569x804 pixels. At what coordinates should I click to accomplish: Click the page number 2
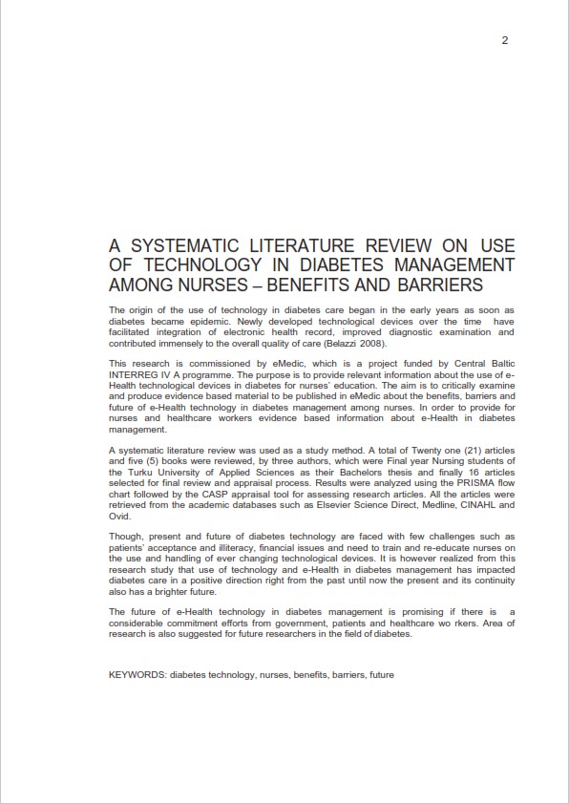[504, 40]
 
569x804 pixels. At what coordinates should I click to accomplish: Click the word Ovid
[119, 516]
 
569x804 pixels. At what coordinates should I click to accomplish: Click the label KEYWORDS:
[138, 675]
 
